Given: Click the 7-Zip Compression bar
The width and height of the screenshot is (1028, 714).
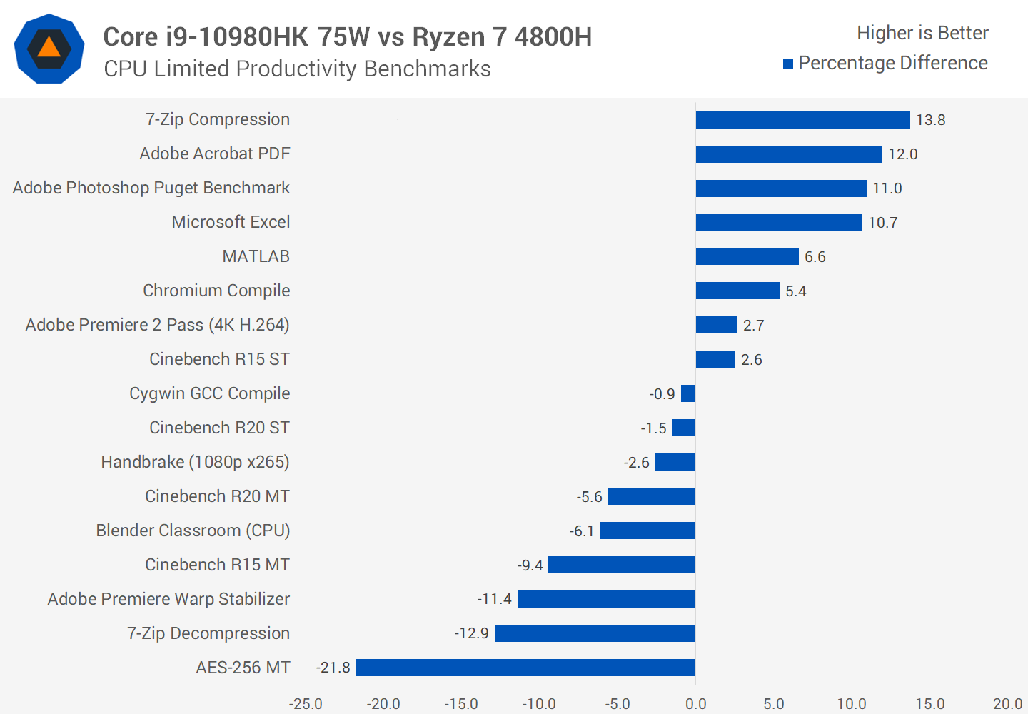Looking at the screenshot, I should click(802, 120).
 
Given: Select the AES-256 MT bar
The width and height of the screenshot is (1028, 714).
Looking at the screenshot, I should click(525, 668).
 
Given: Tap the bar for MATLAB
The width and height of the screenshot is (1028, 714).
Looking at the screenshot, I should click(747, 256).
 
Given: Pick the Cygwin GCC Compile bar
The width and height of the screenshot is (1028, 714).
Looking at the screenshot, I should click(688, 393).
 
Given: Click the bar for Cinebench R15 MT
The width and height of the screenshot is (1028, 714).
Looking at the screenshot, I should click(621, 565).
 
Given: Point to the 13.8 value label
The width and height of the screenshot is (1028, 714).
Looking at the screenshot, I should click(931, 120).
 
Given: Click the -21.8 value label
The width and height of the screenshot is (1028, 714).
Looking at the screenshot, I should click(333, 668).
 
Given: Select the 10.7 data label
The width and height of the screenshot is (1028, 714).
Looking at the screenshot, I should click(883, 223).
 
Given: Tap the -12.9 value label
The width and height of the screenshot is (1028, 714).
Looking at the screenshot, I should click(472, 633).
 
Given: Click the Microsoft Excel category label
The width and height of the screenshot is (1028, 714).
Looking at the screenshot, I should click(231, 222).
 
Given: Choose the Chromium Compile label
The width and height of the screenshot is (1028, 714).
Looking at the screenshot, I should click(216, 291).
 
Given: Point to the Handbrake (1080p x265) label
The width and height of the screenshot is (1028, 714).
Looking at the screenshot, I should click(195, 462).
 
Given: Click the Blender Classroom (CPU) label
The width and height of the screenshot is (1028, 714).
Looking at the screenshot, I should click(193, 531).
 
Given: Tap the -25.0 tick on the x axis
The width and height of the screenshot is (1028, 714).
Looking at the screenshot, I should click(306, 704).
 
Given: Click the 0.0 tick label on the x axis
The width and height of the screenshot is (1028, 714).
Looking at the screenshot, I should click(695, 704).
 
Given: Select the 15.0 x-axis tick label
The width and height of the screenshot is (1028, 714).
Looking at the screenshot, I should click(929, 704).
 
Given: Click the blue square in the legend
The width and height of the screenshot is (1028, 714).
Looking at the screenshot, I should click(788, 64).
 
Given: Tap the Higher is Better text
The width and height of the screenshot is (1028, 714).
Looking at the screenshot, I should click(922, 33).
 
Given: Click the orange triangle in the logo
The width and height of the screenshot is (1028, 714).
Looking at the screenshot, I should click(49, 48).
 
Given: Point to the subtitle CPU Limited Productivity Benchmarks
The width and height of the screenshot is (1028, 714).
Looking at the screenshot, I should click(297, 69).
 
